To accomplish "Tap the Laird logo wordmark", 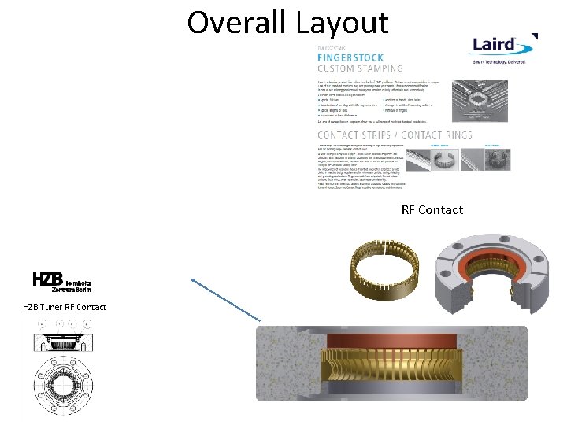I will tap(493, 45).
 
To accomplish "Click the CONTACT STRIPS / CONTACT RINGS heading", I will tap(395, 135).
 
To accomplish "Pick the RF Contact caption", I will tap(432, 210).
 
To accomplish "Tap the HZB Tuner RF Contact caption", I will tap(65, 306).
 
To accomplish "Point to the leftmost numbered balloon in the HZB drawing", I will tap(41, 323).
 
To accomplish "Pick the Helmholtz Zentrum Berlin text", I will tap(76, 284).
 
